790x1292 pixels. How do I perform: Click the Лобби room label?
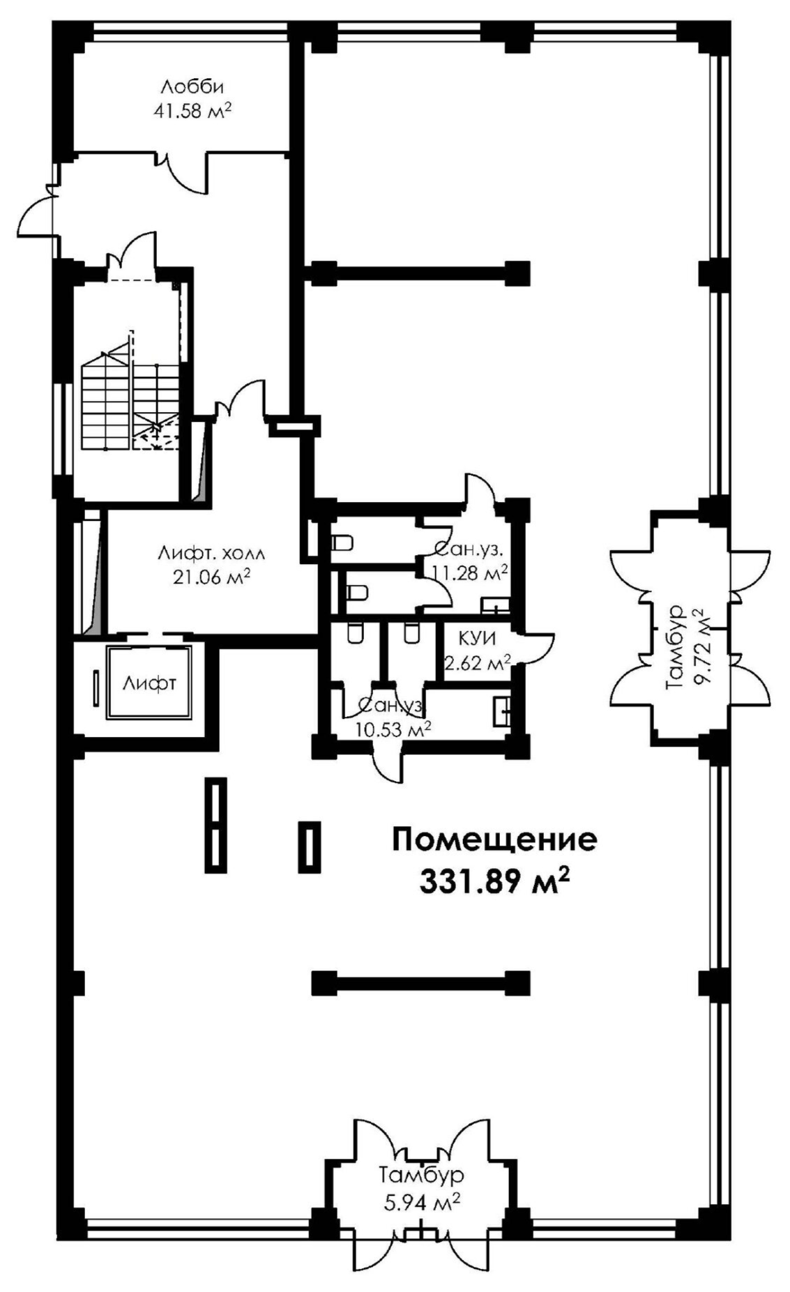click(x=192, y=88)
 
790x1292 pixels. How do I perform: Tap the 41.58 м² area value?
click(x=192, y=111)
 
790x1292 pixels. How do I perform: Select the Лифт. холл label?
click(x=211, y=555)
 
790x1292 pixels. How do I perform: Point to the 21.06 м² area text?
click(x=211, y=578)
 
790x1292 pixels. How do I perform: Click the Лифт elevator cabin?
click(x=149, y=683)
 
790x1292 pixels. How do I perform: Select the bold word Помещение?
click(x=494, y=840)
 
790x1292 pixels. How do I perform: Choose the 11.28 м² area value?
click(x=469, y=573)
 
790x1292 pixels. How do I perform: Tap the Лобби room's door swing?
click(x=183, y=176)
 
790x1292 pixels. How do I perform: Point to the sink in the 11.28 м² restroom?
click(x=496, y=605)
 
